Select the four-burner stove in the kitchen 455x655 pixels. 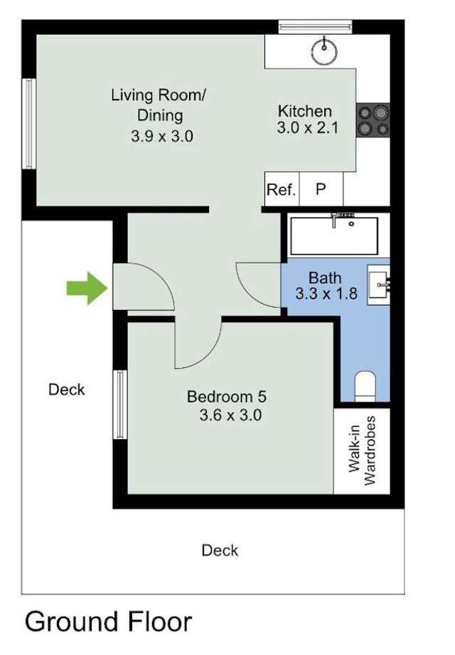point(373,120)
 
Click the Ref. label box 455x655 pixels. point(281,190)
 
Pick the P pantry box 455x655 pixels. point(321,190)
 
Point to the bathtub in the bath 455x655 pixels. point(334,236)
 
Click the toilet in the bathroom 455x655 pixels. point(365,386)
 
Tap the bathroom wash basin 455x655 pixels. point(378,286)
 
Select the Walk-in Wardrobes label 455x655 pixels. point(361,451)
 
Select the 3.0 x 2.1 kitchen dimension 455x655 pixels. point(304,128)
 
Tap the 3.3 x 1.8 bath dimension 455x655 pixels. point(324,293)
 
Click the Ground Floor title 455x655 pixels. point(108,622)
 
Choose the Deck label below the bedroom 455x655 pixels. point(220,550)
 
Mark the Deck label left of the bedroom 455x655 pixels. point(66,389)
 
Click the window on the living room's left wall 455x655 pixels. point(29,124)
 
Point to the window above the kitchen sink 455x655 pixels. point(315,27)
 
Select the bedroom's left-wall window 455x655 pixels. point(120,404)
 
